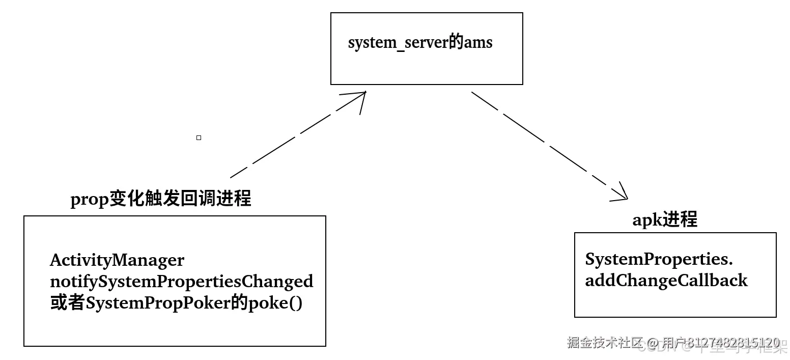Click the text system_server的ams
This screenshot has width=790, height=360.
(x=420, y=43)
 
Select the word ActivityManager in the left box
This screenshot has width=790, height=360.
(x=117, y=260)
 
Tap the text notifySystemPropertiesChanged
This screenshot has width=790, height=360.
(x=181, y=281)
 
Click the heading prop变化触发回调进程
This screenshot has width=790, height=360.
(x=161, y=198)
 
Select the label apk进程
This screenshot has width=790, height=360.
(x=664, y=220)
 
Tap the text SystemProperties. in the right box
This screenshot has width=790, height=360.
(x=659, y=259)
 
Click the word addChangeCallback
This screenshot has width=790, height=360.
(x=666, y=281)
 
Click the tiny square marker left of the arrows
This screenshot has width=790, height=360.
(x=199, y=137)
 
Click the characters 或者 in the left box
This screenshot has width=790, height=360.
(x=67, y=303)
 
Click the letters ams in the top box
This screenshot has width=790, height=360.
(x=478, y=43)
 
